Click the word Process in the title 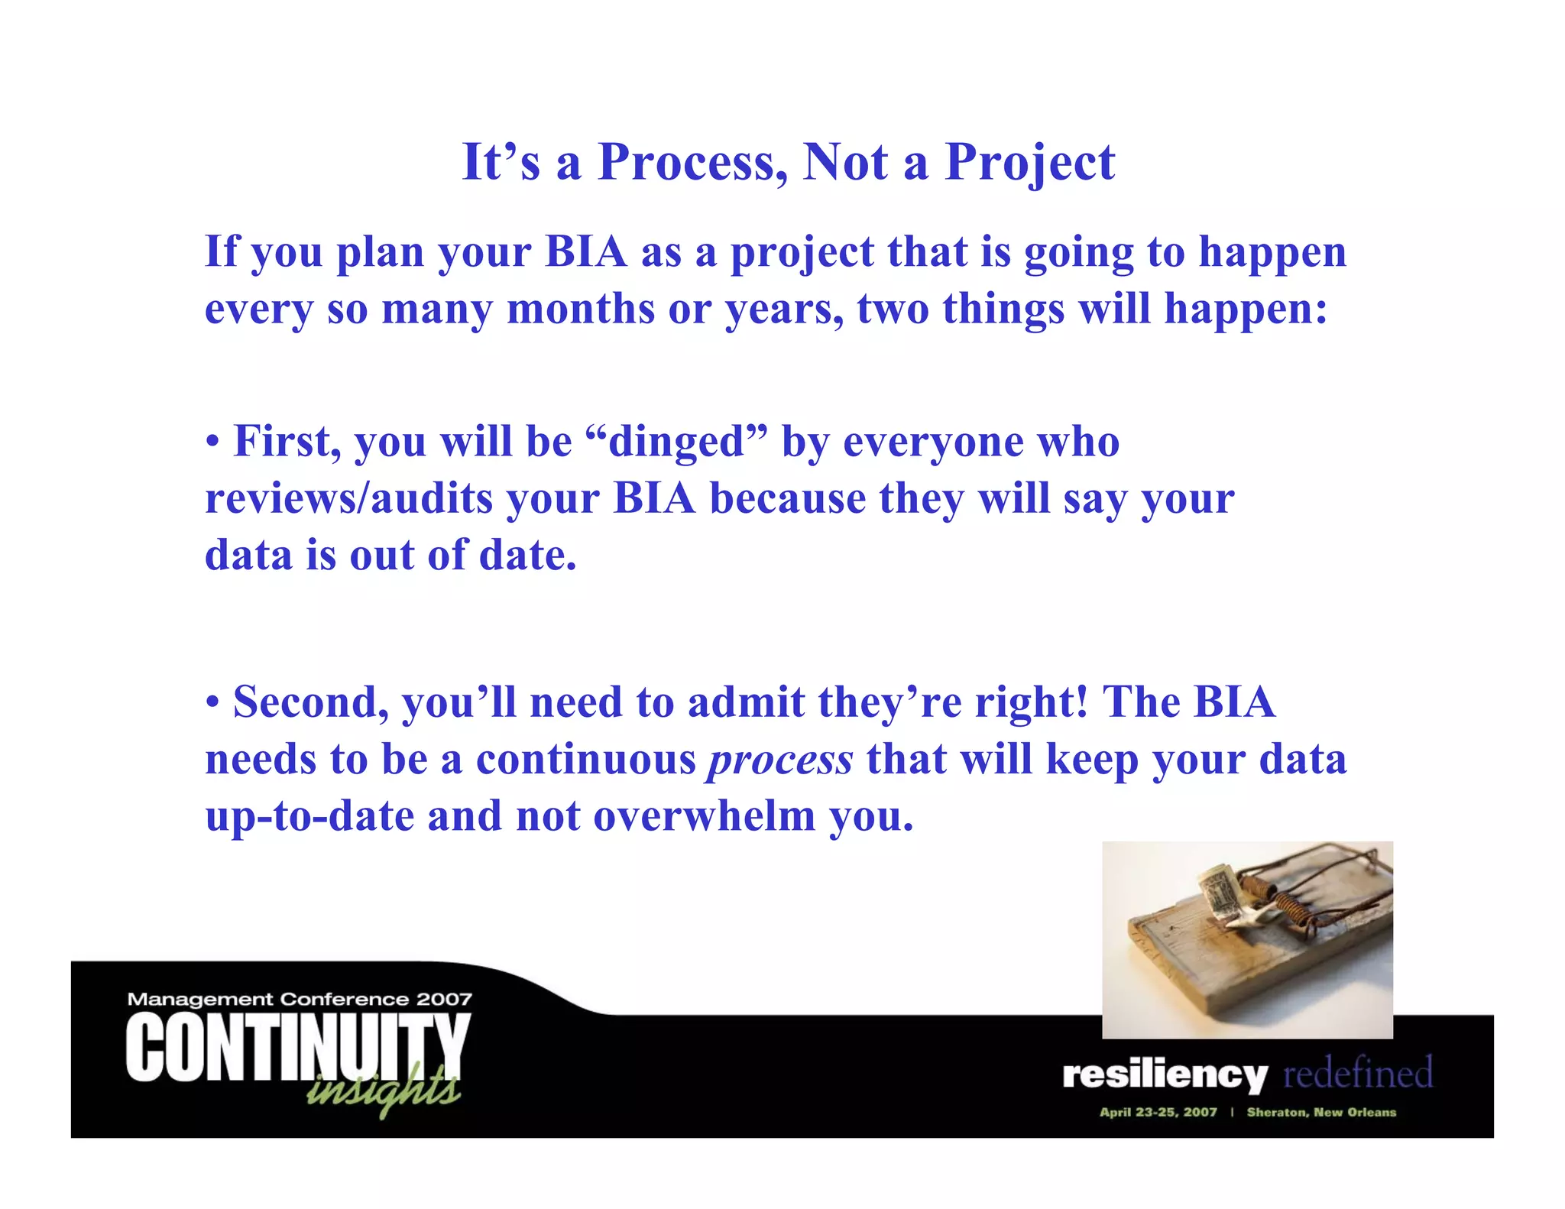pos(692,162)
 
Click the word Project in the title pos(1029,162)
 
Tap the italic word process pos(780,760)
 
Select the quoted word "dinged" pos(676,442)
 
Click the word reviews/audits pos(348,498)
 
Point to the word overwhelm pos(705,816)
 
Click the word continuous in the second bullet pos(586,760)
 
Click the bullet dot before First pos(213,443)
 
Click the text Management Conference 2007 pos(300,999)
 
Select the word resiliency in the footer pos(1165,1074)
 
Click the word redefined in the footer pos(1358,1073)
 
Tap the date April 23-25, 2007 pos(1158,1112)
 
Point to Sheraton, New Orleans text pos(1321,1112)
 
